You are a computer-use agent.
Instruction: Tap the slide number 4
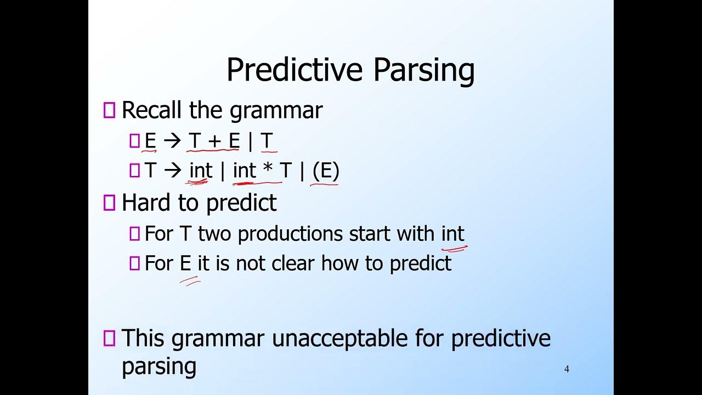click(567, 369)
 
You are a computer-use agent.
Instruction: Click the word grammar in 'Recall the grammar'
click(276, 110)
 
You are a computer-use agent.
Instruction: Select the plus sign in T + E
click(214, 142)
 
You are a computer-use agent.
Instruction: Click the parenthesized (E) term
click(326, 171)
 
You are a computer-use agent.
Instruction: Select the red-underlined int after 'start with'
click(453, 234)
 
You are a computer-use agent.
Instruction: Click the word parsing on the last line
click(158, 366)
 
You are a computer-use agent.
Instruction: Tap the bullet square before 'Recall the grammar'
click(109, 111)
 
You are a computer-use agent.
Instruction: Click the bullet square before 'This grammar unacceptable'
click(109, 338)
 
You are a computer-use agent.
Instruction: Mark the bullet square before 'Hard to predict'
click(109, 204)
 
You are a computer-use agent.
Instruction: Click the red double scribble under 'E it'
click(190, 281)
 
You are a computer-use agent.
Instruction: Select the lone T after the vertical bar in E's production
click(267, 142)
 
